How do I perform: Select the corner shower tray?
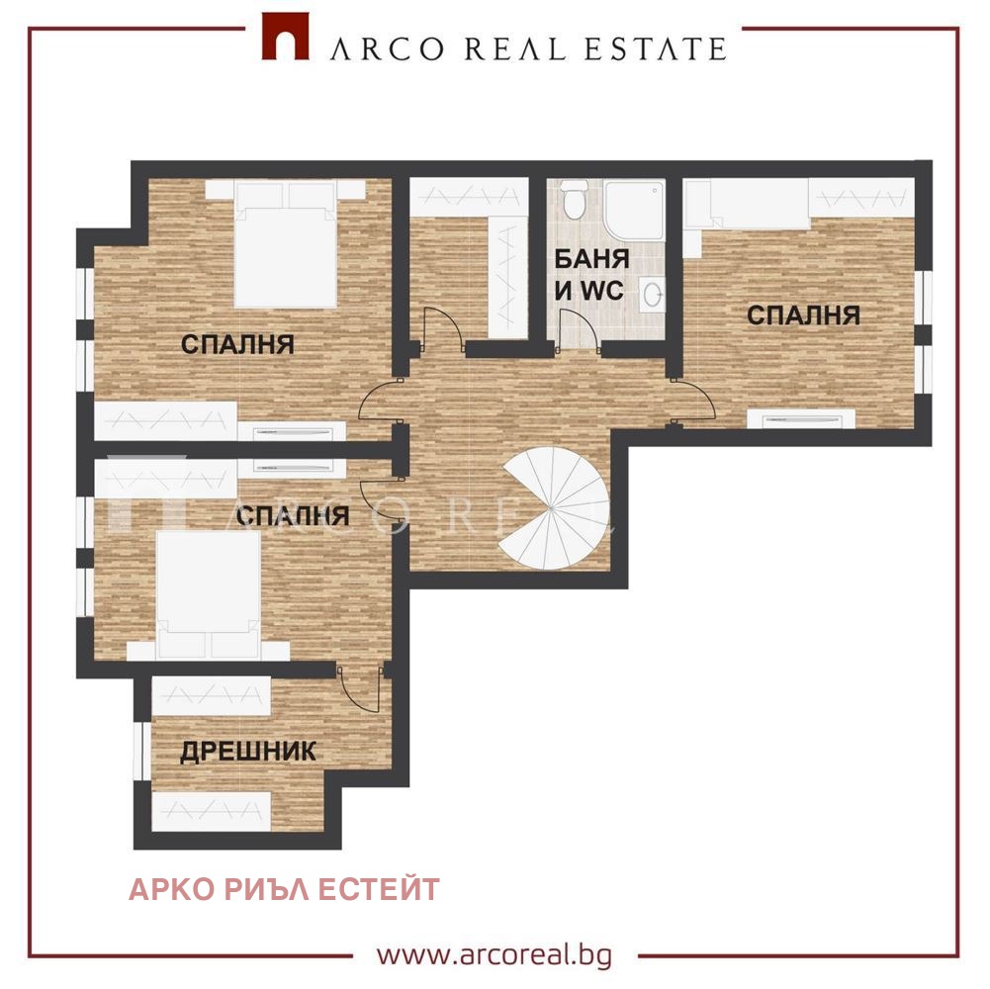632,209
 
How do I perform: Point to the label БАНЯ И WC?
591,276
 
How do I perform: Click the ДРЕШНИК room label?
248,752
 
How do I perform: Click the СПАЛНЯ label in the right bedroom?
802,315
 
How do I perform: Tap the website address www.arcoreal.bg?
495,955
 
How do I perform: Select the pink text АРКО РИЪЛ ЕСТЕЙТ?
284,889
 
